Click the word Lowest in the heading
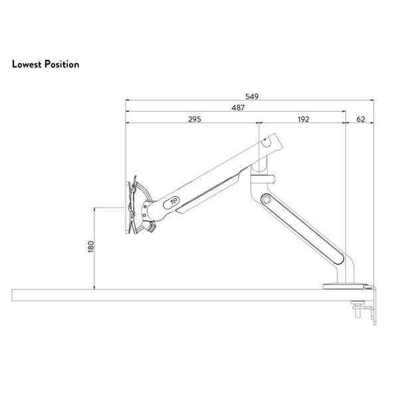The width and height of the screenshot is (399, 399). [x=27, y=64]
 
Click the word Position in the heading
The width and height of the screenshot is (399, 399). [x=62, y=64]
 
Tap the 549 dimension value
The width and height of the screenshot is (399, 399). [x=252, y=96]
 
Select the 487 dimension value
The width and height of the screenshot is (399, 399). [x=238, y=108]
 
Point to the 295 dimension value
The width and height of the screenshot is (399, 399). [x=195, y=119]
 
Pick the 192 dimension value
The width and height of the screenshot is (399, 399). [x=303, y=119]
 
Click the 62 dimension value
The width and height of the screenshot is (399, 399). [x=361, y=119]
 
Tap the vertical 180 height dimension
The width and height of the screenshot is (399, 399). [x=91, y=246]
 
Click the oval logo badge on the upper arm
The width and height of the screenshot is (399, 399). [x=172, y=203]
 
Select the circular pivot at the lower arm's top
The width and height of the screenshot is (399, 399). [x=266, y=199]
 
